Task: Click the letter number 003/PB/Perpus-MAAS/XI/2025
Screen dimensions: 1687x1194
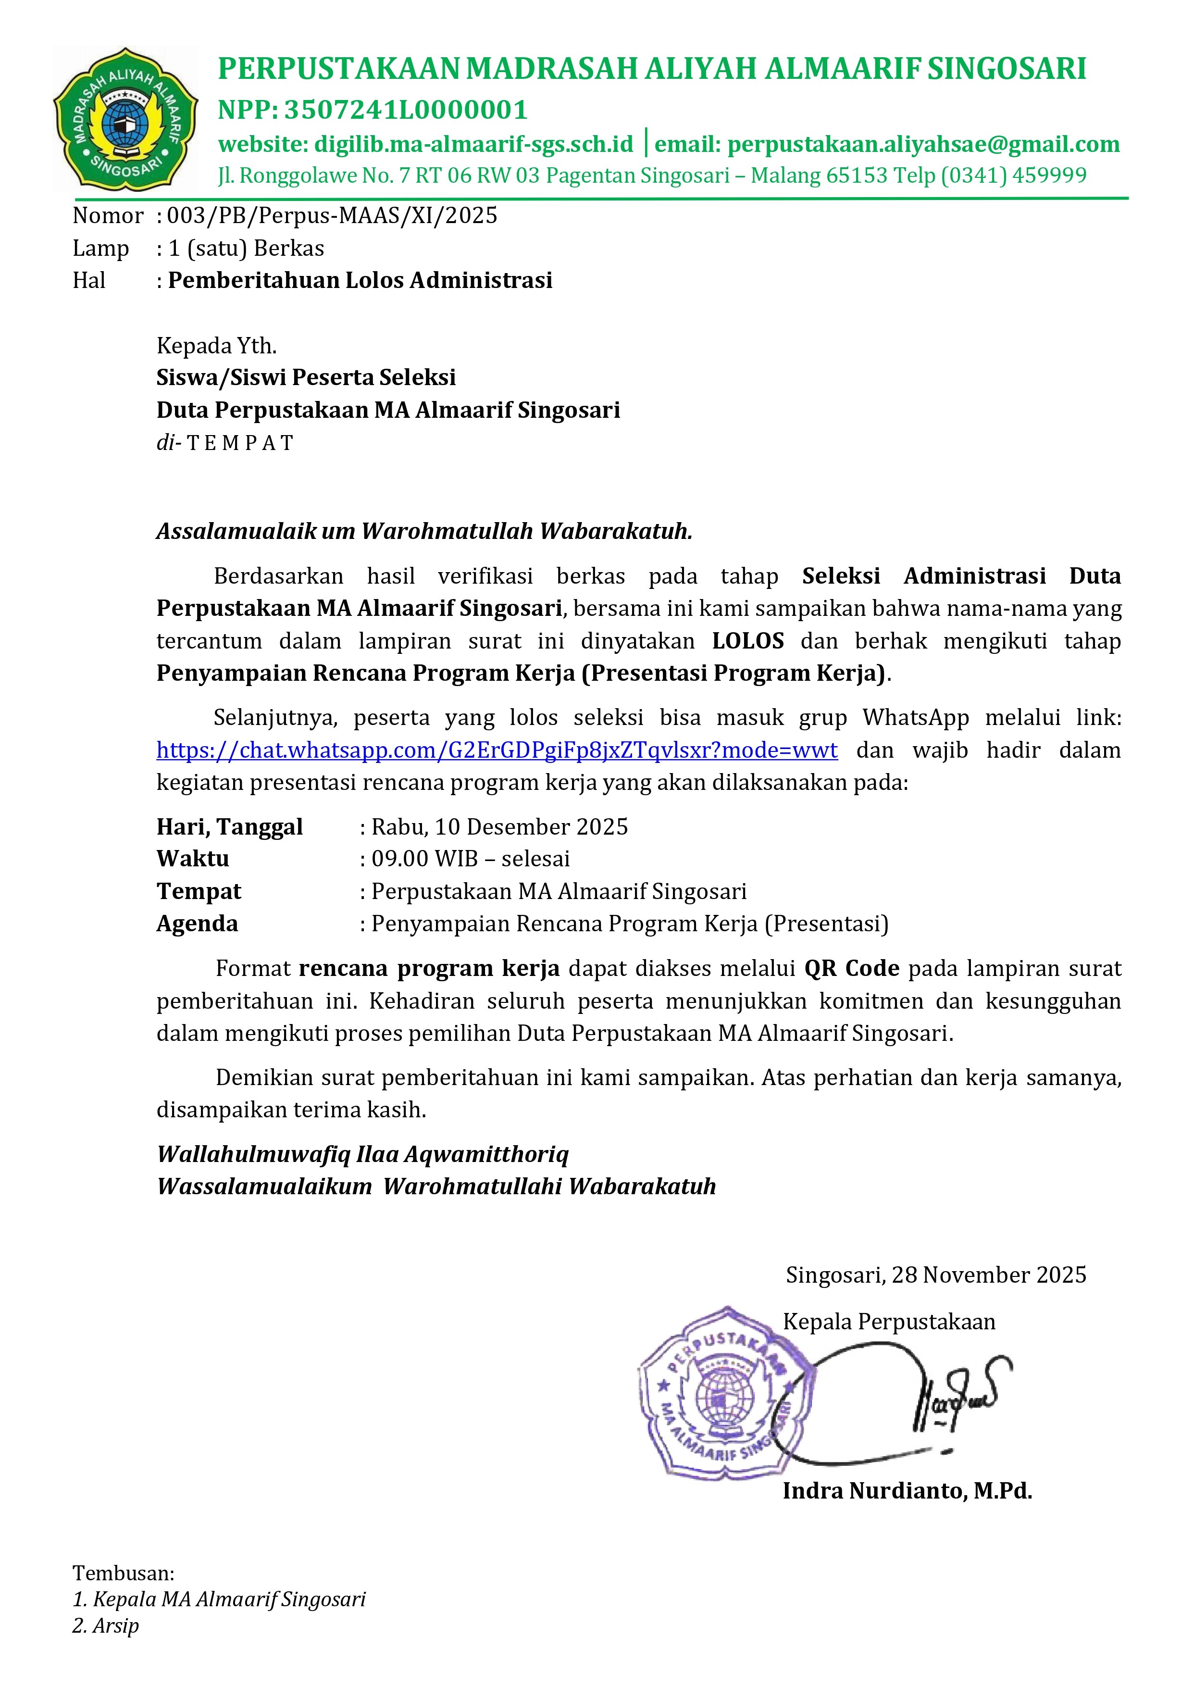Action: (x=332, y=215)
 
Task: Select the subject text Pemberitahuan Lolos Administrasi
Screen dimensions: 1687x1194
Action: (x=360, y=280)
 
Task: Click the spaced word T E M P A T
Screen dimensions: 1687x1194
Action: (x=240, y=443)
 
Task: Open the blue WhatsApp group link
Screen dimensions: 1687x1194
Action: (x=497, y=750)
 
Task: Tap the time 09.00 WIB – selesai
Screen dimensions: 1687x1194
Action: (x=471, y=859)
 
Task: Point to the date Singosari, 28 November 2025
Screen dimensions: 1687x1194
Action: (x=936, y=1275)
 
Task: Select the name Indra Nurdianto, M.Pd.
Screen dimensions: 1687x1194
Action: (x=907, y=1491)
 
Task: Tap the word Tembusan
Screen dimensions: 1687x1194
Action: (x=123, y=1573)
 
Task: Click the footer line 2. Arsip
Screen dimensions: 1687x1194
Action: (x=106, y=1625)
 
